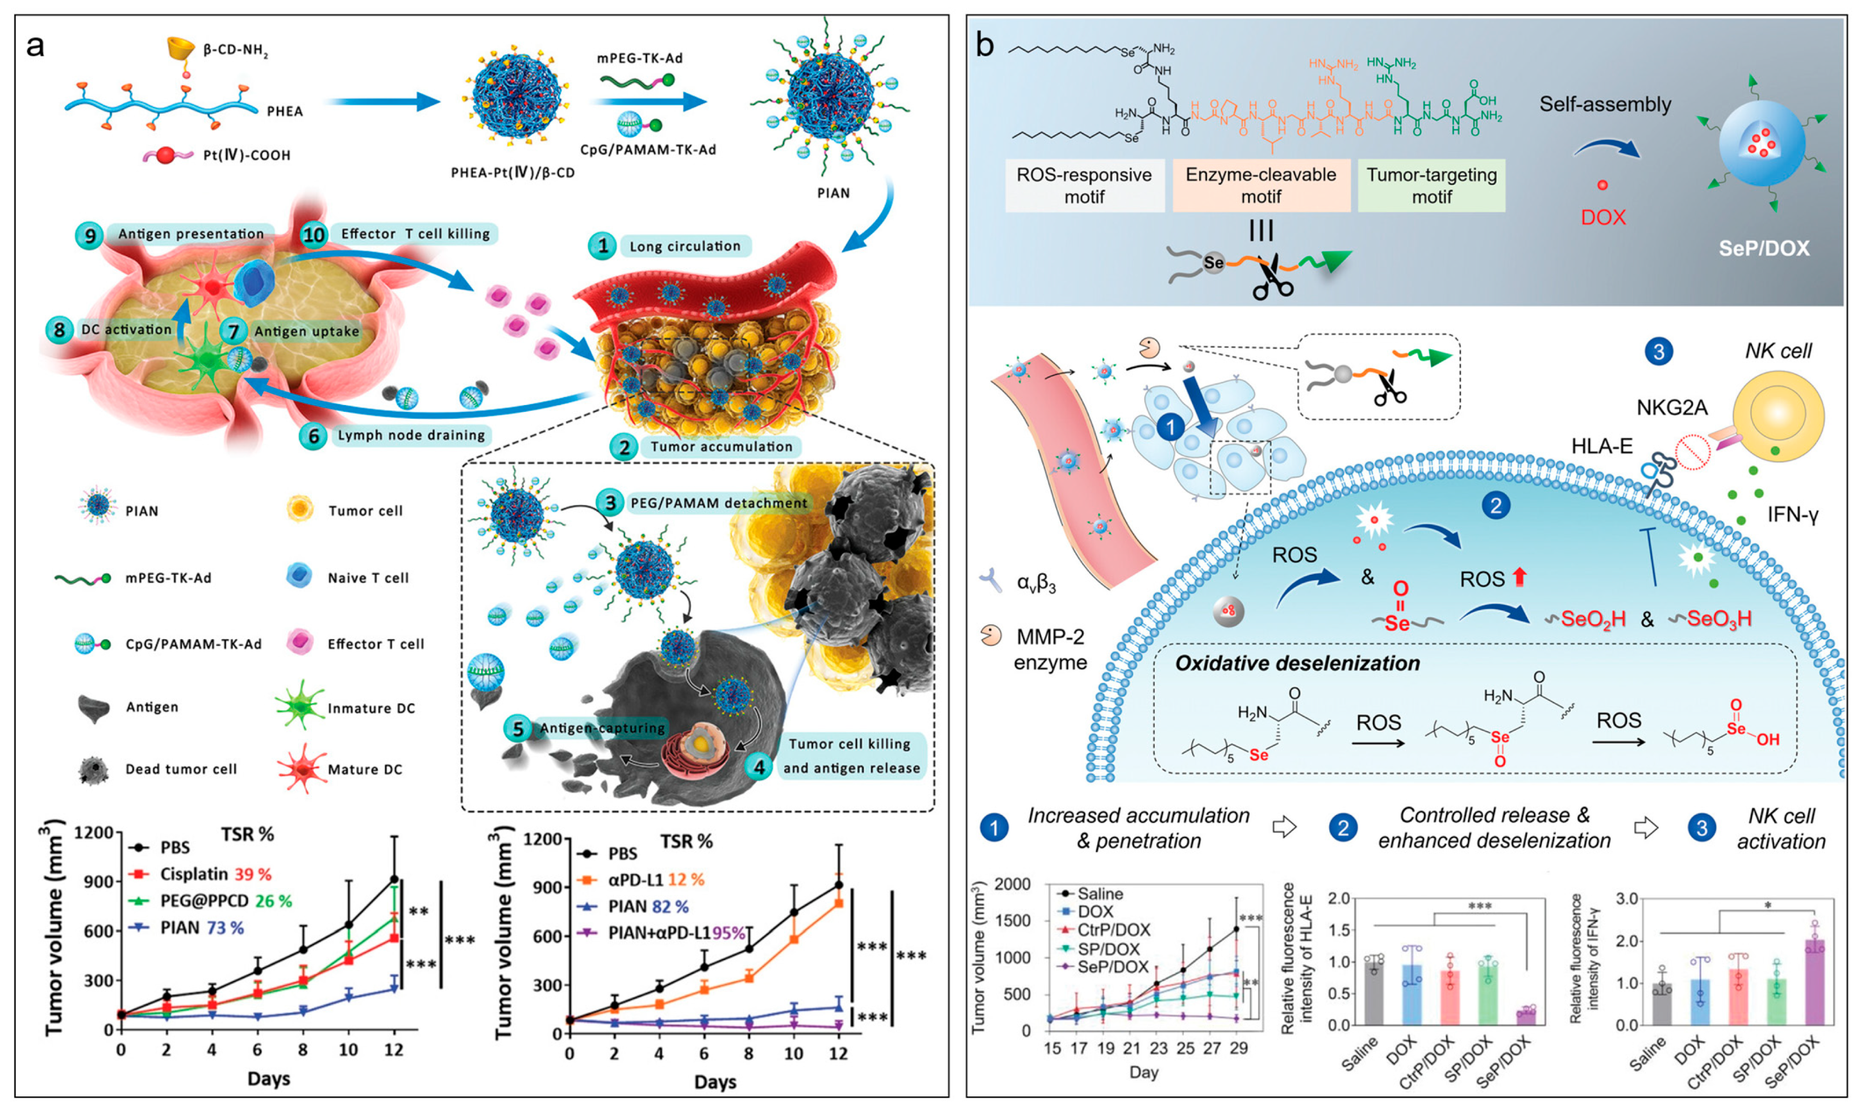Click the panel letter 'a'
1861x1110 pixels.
(x=35, y=47)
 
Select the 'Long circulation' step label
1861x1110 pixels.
(x=684, y=246)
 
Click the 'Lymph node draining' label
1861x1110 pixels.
(x=411, y=435)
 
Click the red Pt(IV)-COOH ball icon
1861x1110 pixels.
(x=165, y=156)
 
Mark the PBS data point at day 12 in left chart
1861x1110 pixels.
(x=394, y=879)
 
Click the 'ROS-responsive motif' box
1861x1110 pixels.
(x=1084, y=186)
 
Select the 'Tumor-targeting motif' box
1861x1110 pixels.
(x=1431, y=186)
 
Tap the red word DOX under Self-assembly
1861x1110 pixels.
(x=1602, y=218)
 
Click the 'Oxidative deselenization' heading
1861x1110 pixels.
(x=1297, y=664)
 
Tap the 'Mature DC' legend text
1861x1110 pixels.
(x=364, y=770)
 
